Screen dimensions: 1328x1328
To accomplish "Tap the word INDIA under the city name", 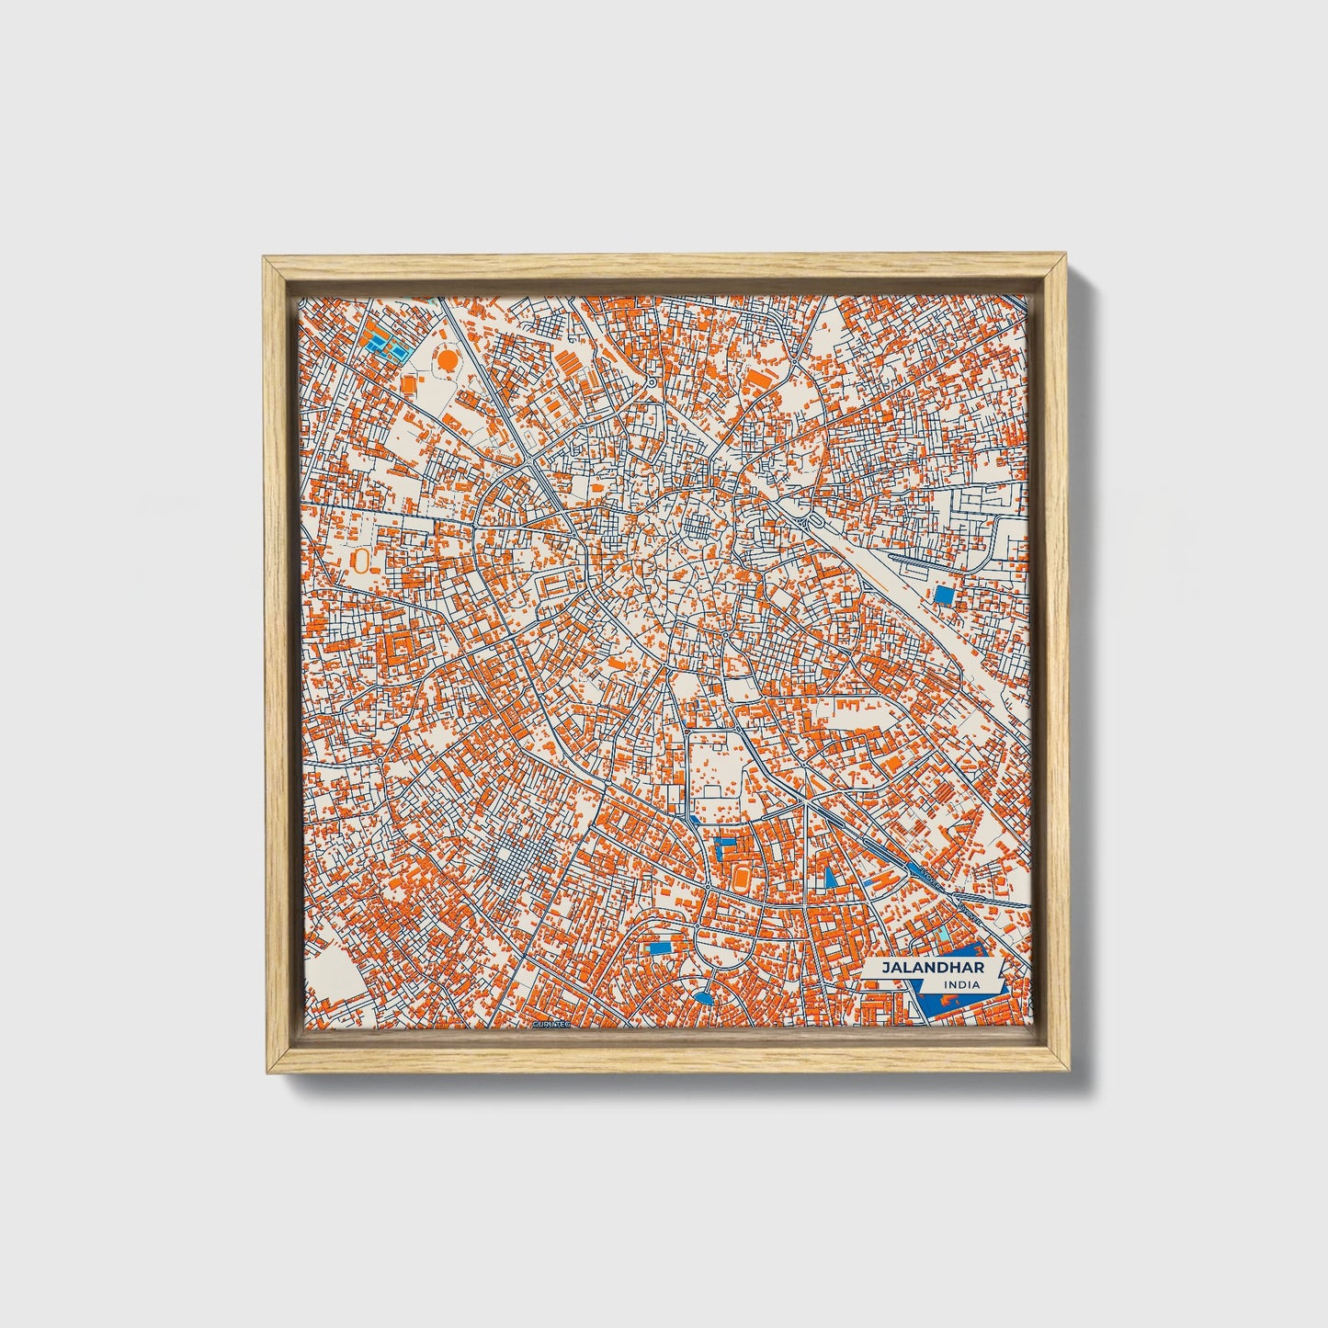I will [x=960, y=985].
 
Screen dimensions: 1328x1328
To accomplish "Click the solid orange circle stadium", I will [x=446, y=360].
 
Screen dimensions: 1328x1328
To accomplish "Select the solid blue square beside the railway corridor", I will [x=944, y=595].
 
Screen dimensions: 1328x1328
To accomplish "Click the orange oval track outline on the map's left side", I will [x=361, y=561].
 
